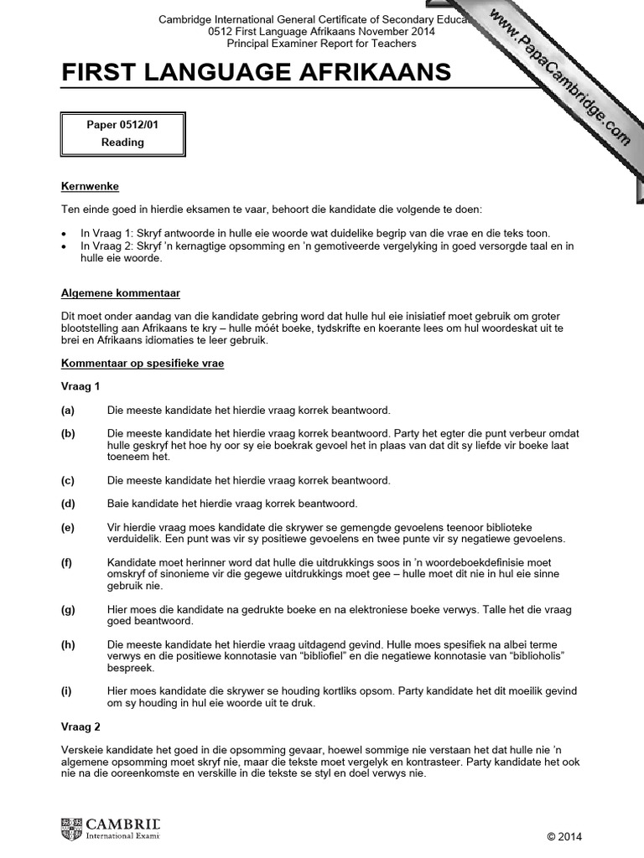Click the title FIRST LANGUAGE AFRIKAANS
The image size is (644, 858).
click(x=256, y=74)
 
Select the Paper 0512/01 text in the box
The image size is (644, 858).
click(x=122, y=125)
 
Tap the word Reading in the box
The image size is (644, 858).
click(x=122, y=142)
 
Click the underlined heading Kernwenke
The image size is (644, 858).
click(x=84, y=186)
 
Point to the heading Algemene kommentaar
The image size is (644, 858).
click(x=120, y=294)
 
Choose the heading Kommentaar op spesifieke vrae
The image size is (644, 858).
click(x=142, y=364)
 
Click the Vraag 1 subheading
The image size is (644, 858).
click(x=80, y=387)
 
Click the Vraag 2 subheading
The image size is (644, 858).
click(x=80, y=726)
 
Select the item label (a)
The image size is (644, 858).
click(x=68, y=411)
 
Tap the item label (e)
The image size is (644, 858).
click(x=68, y=527)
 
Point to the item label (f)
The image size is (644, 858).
click(x=68, y=562)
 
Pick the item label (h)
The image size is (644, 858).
click(x=68, y=643)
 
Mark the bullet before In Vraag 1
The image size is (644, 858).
click(x=65, y=234)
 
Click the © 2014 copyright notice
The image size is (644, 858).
click(x=563, y=836)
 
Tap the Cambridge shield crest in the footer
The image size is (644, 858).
click(x=71, y=829)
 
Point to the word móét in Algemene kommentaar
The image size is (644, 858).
click(x=285, y=329)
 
